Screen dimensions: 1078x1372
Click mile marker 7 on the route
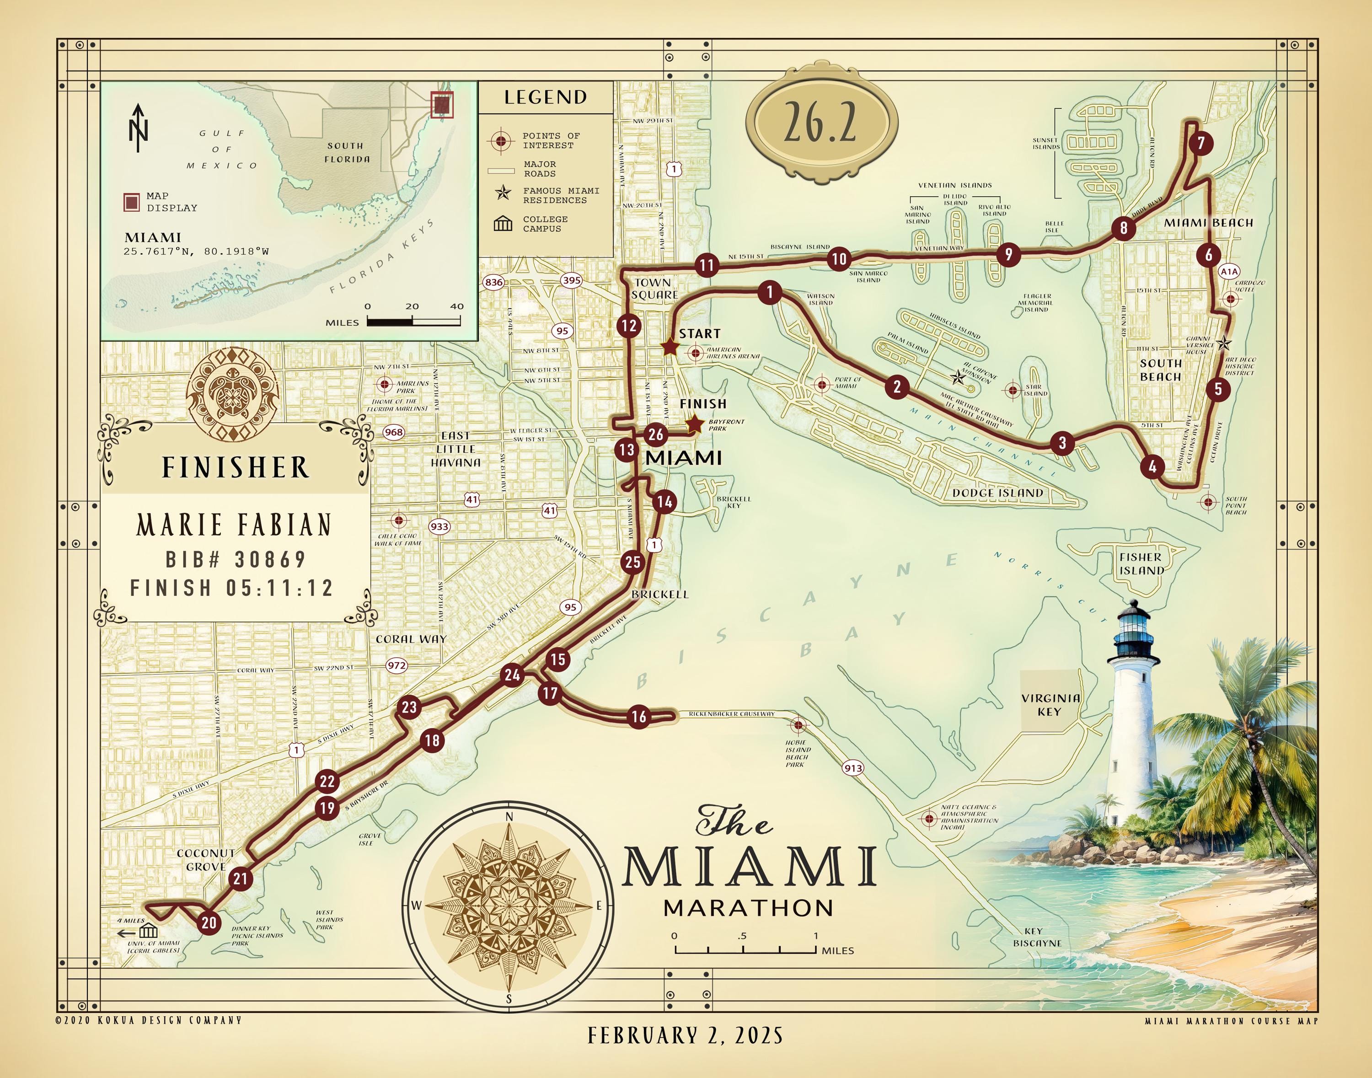(x=1201, y=143)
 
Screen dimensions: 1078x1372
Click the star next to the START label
(x=669, y=347)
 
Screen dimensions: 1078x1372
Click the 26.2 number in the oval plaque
(x=820, y=123)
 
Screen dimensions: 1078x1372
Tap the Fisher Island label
(x=1141, y=563)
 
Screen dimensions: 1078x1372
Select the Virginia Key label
(x=1050, y=704)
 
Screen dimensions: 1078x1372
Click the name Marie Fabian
(x=234, y=525)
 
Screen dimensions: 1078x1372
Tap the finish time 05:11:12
(x=279, y=588)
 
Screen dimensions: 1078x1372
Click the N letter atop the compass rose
(x=509, y=817)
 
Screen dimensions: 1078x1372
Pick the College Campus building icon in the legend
(x=502, y=224)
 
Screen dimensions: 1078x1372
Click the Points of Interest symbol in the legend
(x=501, y=140)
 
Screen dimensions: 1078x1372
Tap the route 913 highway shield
(x=853, y=768)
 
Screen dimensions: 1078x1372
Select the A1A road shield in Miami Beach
(x=1229, y=271)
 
